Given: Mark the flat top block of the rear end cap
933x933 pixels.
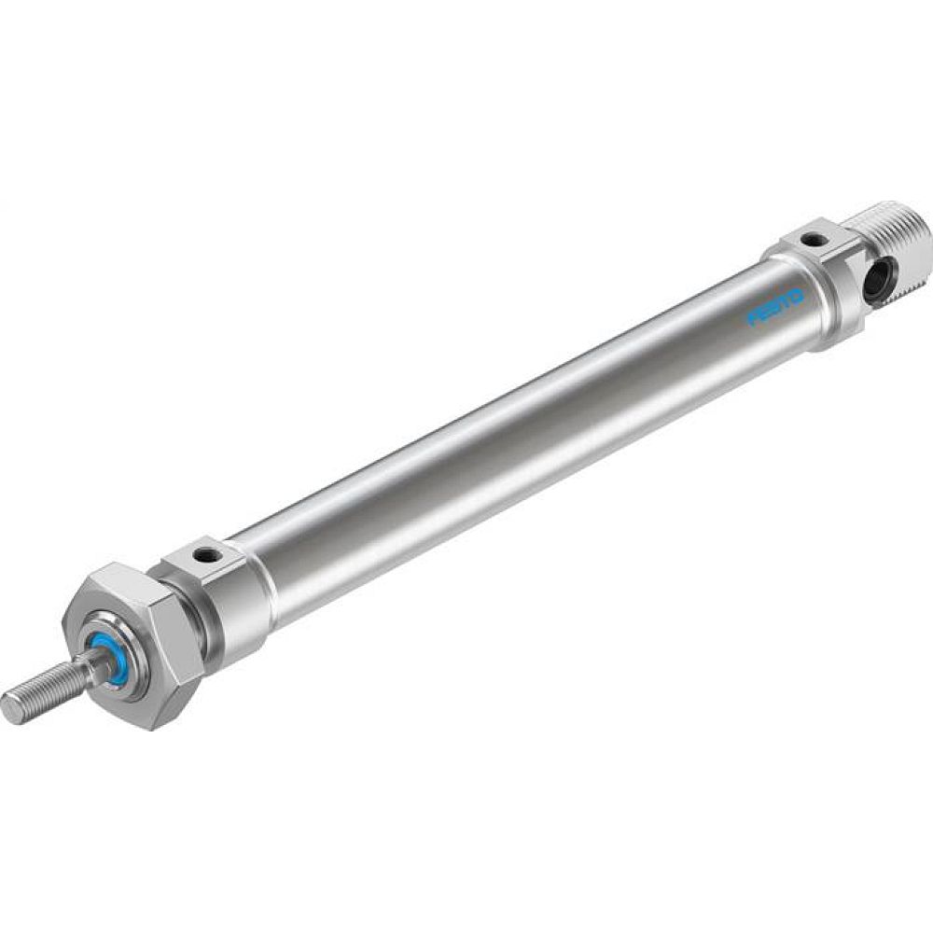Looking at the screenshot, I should click(x=812, y=241).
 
